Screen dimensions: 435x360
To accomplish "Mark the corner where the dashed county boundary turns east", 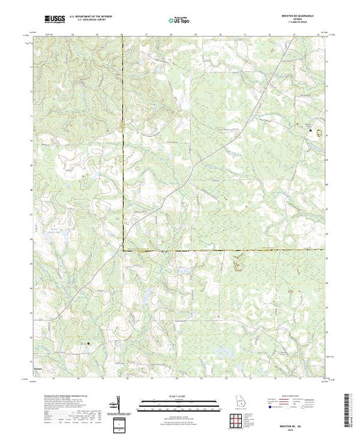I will coord(123,249).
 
